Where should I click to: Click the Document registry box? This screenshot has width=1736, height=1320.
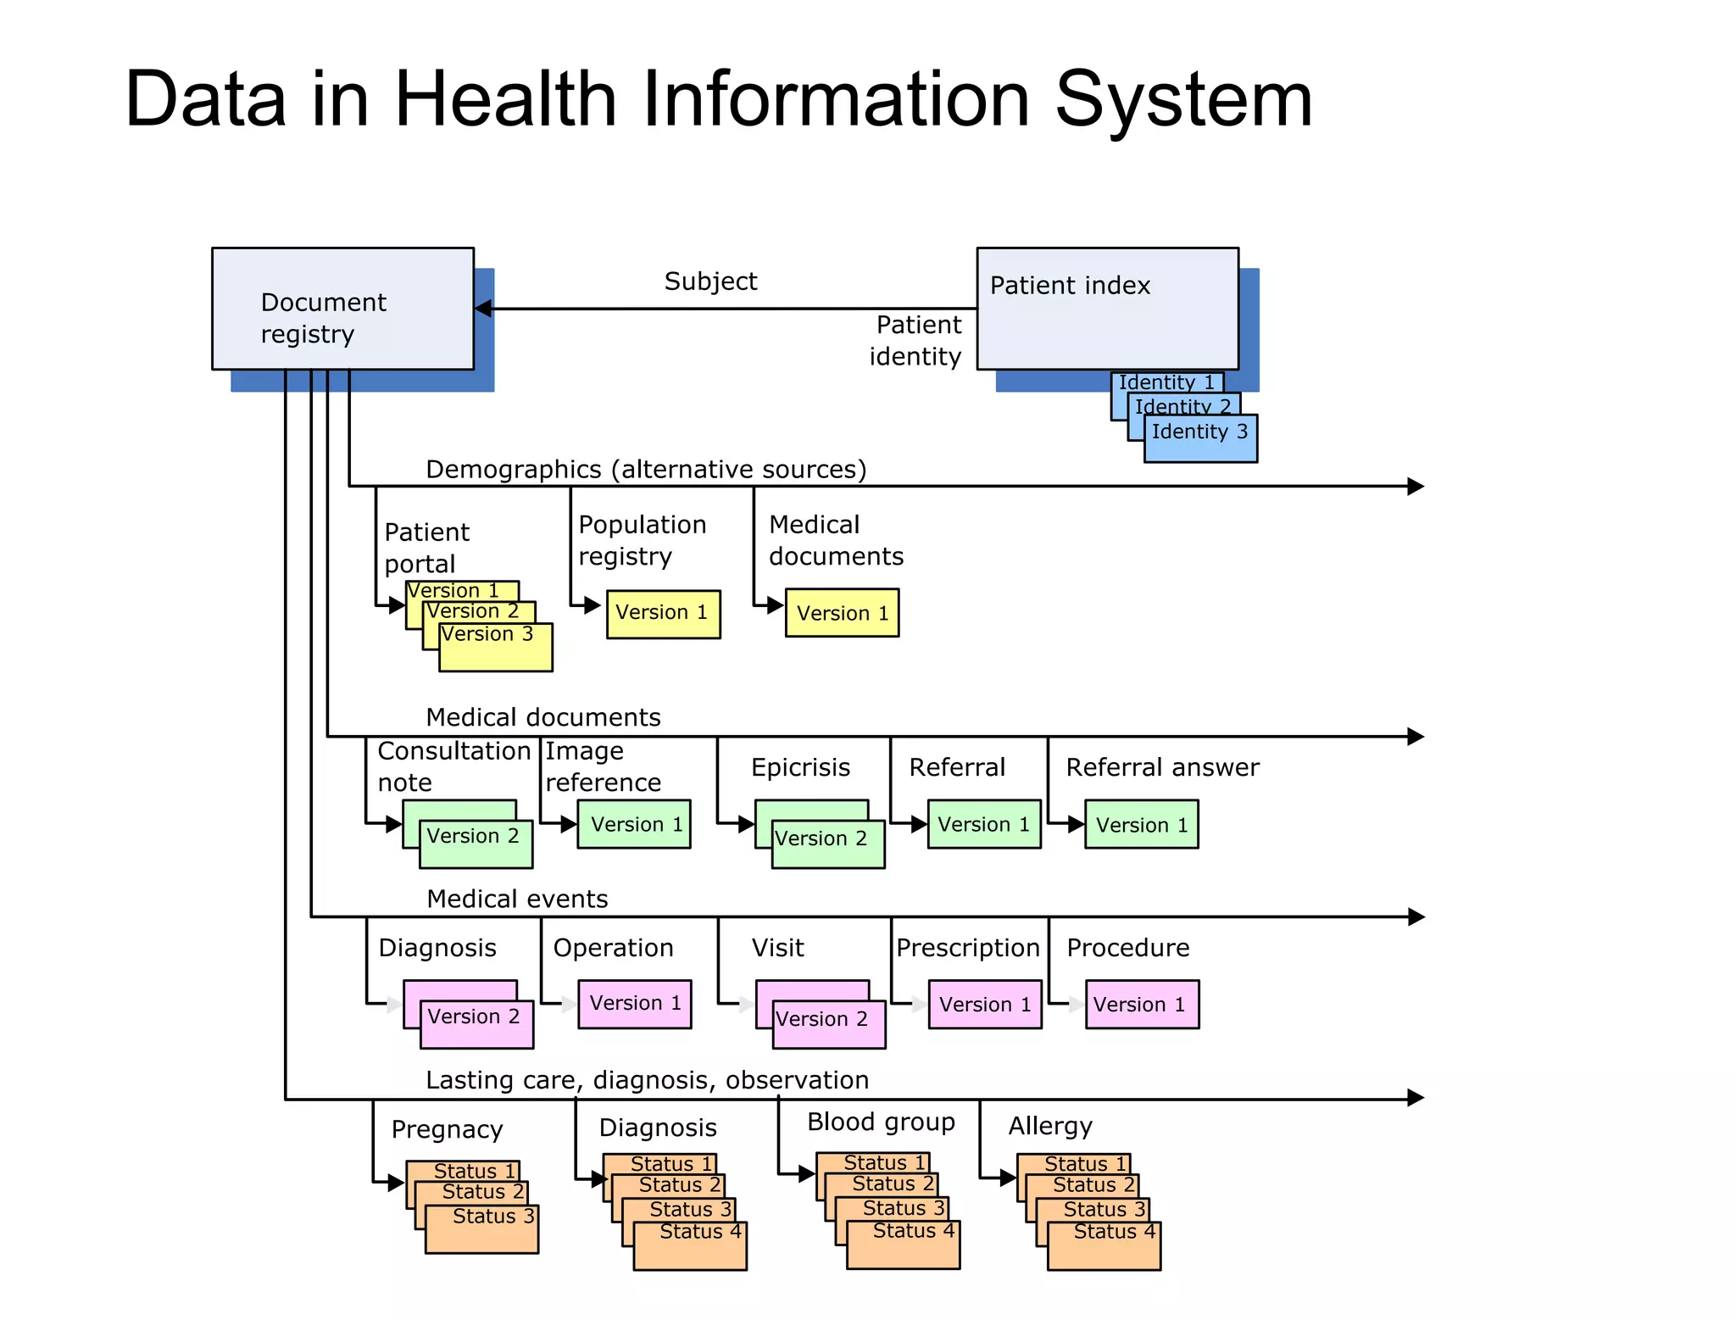pyautogui.click(x=342, y=309)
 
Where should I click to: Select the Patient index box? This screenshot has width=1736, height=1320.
pyautogui.click(x=1107, y=309)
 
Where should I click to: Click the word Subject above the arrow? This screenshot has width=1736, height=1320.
pyautogui.click(x=710, y=281)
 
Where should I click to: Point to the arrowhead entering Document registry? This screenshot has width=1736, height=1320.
pyautogui.click(x=483, y=309)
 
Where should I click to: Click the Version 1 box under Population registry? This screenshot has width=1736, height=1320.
pyautogui.click(x=663, y=614)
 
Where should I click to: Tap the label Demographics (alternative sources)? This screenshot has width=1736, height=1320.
pyautogui.click(x=646, y=469)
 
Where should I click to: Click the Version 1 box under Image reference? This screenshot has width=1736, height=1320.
pyautogui.click(x=634, y=824)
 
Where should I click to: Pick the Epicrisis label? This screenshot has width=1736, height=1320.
pyautogui.click(x=800, y=767)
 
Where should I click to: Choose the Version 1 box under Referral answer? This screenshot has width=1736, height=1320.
pyautogui.click(x=1142, y=824)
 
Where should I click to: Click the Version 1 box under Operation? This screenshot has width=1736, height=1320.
pyautogui.click(x=635, y=1004)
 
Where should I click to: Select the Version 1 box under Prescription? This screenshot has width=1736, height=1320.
pyautogui.click(x=985, y=1005)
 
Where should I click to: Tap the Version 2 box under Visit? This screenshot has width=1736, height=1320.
pyautogui.click(x=829, y=1024)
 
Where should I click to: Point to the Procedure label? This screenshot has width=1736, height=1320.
pyautogui.click(x=1127, y=948)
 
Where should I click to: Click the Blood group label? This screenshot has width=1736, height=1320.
pyautogui.click(x=881, y=1122)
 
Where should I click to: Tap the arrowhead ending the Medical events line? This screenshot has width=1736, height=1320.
pyautogui.click(x=1416, y=916)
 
